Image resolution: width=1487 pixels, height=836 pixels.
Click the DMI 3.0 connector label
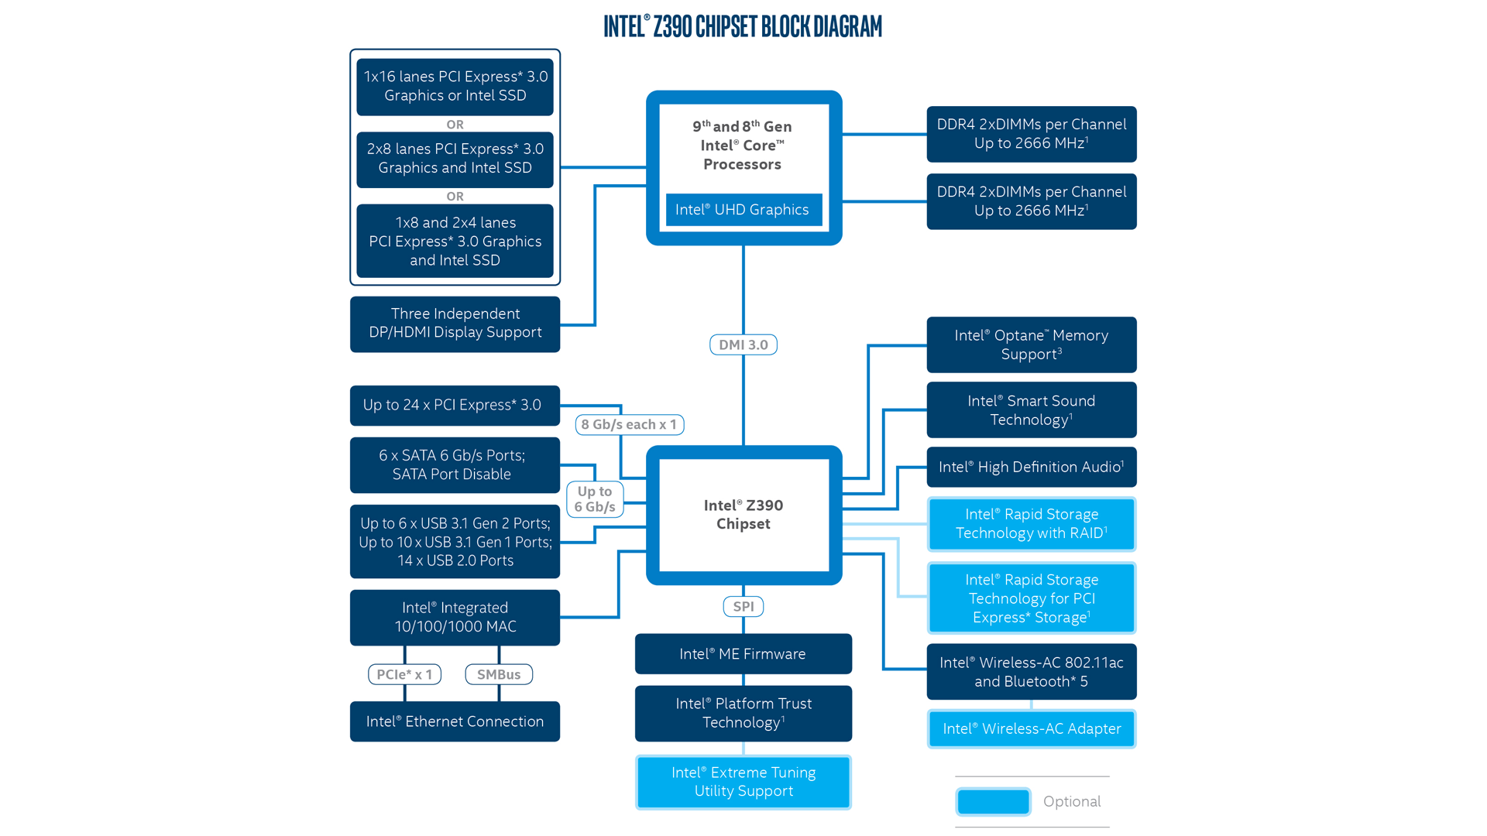click(743, 344)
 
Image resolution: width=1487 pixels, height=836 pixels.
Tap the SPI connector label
click(743, 606)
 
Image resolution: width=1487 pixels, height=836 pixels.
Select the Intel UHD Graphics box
click(743, 210)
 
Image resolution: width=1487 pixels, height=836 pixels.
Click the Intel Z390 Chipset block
click(743, 515)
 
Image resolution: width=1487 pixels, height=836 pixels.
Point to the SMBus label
click(499, 674)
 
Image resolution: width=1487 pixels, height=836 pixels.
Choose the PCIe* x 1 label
click(404, 674)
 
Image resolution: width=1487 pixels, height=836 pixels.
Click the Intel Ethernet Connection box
click(455, 721)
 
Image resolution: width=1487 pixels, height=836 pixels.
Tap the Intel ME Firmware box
click(743, 654)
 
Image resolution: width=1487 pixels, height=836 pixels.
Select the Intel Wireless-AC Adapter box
click(1031, 728)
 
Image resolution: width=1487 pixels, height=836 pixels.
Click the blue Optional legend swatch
click(993, 801)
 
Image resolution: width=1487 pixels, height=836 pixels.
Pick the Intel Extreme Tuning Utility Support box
click(743, 782)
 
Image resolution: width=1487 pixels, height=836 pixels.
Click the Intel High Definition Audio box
click(1031, 467)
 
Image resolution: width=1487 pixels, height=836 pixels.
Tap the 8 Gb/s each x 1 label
click(629, 424)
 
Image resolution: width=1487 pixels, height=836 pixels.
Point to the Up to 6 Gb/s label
click(595, 499)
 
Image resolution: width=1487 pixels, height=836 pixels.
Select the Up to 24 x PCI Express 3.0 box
click(455, 405)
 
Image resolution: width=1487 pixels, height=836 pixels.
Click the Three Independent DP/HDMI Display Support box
click(455, 324)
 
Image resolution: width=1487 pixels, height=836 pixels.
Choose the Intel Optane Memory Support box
click(1031, 344)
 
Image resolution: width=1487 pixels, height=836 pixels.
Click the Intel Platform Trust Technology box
click(743, 713)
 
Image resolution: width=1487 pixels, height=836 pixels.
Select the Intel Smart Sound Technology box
click(1031, 410)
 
